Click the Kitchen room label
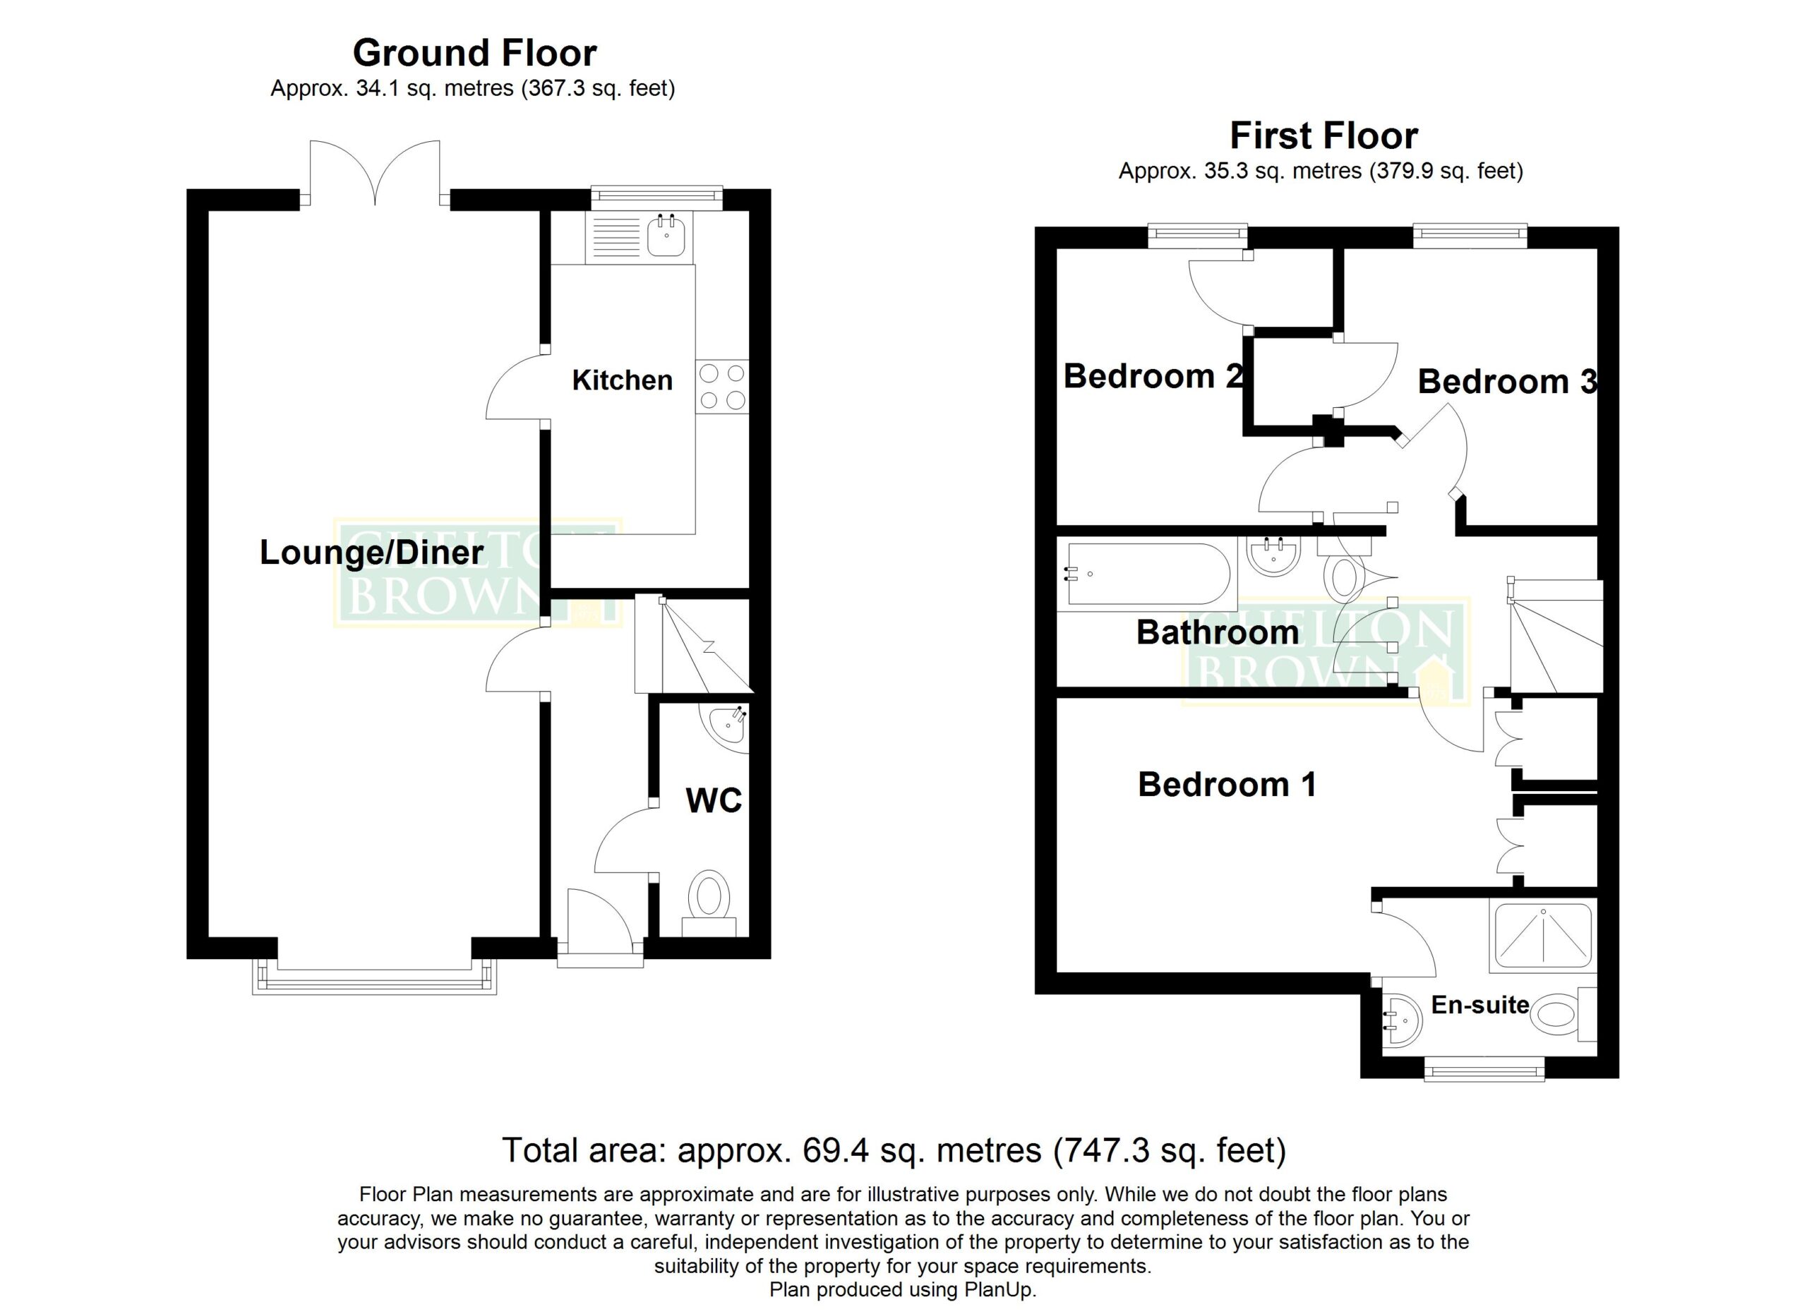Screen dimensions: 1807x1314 [623, 380]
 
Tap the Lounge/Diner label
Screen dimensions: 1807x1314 [371, 553]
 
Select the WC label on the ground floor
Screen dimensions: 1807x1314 [714, 800]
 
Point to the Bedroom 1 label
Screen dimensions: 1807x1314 [1227, 785]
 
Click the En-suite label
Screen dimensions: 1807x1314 [1480, 1004]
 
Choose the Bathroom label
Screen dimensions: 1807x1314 [1218, 632]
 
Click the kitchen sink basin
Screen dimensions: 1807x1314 [666, 236]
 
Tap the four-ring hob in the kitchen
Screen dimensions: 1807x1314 [722, 386]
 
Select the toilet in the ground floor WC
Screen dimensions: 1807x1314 [709, 904]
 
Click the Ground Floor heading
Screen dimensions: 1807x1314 [475, 54]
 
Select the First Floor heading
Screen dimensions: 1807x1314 [1324, 135]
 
